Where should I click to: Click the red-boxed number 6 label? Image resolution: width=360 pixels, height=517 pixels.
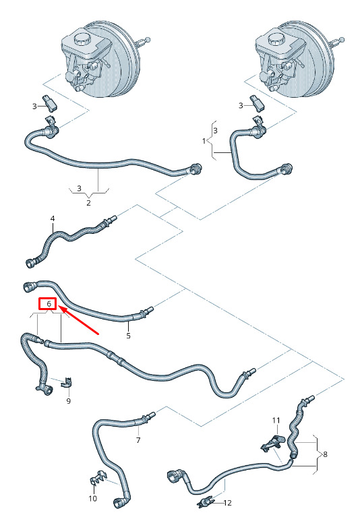click(x=48, y=304)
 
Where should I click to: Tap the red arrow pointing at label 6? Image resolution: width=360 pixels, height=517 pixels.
click(x=78, y=320)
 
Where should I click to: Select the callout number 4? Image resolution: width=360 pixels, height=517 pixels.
click(x=53, y=218)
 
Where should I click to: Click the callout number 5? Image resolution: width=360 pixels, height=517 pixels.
click(x=128, y=336)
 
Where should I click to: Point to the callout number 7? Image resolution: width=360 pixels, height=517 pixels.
click(x=138, y=440)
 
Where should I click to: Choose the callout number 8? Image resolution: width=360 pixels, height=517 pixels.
click(x=325, y=454)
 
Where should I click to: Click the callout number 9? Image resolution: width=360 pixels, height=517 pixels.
click(x=68, y=401)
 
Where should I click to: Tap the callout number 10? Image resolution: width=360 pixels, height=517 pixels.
click(x=92, y=498)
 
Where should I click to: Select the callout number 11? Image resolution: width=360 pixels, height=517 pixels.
click(x=276, y=421)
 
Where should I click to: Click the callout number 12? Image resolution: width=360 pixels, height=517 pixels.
click(x=227, y=503)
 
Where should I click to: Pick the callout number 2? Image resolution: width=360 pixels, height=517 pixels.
click(x=88, y=202)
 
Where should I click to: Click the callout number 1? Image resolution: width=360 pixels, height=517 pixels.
click(x=204, y=141)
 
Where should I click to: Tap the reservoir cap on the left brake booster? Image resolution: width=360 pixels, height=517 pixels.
click(x=81, y=38)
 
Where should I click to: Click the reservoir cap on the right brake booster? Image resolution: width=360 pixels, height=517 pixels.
click(x=274, y=40)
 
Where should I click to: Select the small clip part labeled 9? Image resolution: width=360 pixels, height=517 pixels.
click(x=67, y=382)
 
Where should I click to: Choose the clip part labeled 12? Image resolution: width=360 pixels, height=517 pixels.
click(x=206, y=501)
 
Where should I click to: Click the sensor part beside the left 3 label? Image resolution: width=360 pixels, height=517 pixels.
click(x=51, y=103)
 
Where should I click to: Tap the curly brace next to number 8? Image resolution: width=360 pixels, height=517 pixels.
click(x=317, y=454)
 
